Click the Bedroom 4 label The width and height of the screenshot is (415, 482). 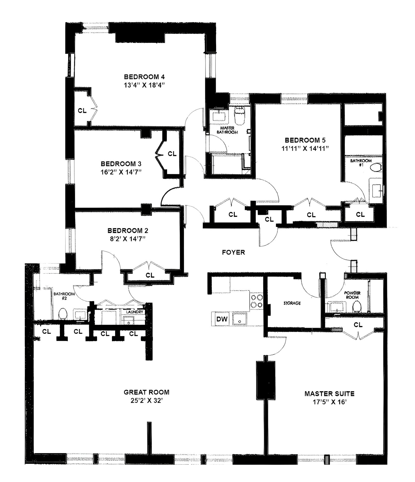tap(144, 77)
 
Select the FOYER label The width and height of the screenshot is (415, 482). tap(233, 252)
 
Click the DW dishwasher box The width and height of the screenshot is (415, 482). tap(222, 319)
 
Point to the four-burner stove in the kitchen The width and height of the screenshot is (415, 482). tap(257, 301)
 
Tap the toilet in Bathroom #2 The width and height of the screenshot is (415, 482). tap(63, 314)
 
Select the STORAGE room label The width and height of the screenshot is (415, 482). tap(292, 303)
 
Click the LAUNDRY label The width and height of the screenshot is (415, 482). tap(135, 312)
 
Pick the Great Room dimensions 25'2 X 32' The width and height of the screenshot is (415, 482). tap(147, 401)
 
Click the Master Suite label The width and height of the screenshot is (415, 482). tap(329, 394)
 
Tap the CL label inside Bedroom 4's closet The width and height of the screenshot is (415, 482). tap(82, 111)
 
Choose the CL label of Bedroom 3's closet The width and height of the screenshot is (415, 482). tap(172, 154)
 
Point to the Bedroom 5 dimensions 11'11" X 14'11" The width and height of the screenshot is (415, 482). tap(305, 148)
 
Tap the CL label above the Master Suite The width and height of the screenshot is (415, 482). tap(358, 325)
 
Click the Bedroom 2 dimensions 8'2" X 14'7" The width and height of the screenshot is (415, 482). tap(128, 239)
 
